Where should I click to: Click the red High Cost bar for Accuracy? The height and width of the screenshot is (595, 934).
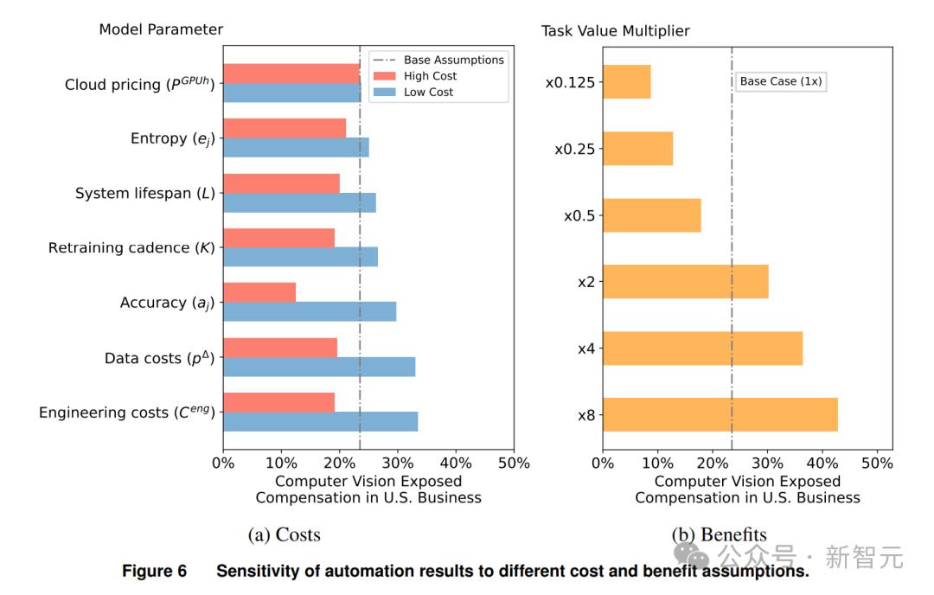point(259,292)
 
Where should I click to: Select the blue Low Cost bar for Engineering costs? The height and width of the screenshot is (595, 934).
point(321,422)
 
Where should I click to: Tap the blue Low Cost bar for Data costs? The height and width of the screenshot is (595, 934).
point(319,367)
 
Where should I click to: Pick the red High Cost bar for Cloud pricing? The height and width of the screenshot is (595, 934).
point(291,74)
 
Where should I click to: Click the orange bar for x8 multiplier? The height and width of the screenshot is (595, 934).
point(720,414)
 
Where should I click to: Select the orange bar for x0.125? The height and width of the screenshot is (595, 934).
point(627,82)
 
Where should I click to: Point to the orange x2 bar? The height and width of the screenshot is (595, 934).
point(686,281)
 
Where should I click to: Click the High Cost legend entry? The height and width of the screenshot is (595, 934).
point(430,76)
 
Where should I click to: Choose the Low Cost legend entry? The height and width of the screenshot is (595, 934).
point(428,92)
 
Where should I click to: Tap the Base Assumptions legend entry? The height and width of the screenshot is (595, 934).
point(453,60)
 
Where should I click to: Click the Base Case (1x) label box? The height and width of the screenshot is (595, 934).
point(781,81)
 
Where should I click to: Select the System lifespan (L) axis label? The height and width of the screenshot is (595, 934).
point(145,193)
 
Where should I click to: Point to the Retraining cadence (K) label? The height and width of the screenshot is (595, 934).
point(131,248)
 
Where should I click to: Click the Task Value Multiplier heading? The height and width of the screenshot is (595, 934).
point(615,31)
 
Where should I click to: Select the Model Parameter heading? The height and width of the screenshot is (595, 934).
point(161,29)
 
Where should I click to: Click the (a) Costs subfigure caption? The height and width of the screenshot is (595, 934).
point(284,534)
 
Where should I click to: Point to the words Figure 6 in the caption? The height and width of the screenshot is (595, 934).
point(154,572)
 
